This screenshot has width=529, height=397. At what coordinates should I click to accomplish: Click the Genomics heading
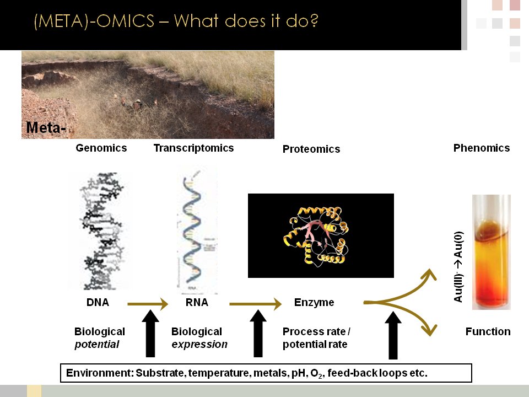(x=101, y=148)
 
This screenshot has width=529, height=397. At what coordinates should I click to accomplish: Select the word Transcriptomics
(x=193, y=148)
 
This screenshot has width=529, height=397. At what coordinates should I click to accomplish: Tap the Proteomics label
(x=311, y=149)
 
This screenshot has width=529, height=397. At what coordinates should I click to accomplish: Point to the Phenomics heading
(x=482, y=148)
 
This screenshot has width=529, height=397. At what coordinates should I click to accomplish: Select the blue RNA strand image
(x=193, y=232)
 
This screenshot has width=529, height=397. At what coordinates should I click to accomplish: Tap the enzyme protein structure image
(x=321, y=235)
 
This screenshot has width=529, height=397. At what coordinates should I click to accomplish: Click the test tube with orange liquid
(x=492, y=252)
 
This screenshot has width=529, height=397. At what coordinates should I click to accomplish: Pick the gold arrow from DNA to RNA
(x=148, y=304)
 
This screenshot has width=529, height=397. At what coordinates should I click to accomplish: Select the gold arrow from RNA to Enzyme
(x=255, y=304)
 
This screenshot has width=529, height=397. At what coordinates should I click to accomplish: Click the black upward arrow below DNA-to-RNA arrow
(x=150, y=334)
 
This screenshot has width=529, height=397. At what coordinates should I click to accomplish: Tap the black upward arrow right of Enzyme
(x=393, y=335)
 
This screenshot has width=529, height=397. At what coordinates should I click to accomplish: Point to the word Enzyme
(x=314, y=303)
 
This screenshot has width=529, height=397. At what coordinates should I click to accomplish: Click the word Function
(x=488, y=331)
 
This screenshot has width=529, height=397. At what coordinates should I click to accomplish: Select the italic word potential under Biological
(x=97, y=345)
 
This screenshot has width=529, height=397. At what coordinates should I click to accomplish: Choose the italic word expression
(x=199, y=345)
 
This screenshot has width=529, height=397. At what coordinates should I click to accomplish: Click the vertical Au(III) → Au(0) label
(x=458, y=267)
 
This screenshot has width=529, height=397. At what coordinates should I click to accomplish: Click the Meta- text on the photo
(x=46, y=127)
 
